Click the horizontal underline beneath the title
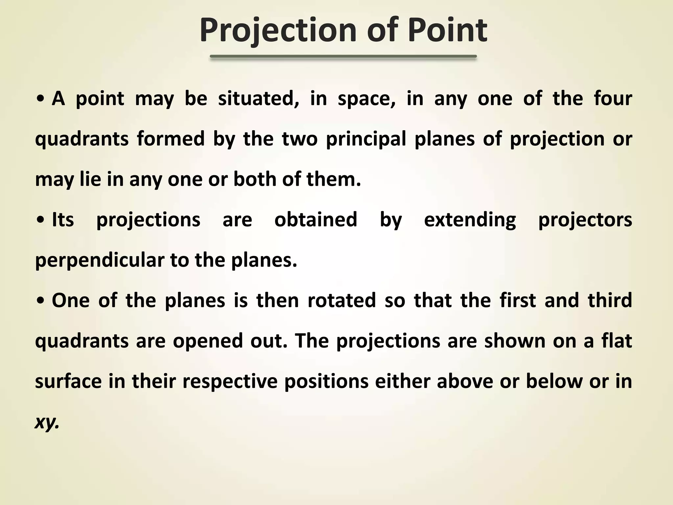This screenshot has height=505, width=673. (343, 57)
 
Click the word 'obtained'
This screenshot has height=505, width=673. (315, 220)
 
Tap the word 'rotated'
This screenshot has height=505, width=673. (341, 301)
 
